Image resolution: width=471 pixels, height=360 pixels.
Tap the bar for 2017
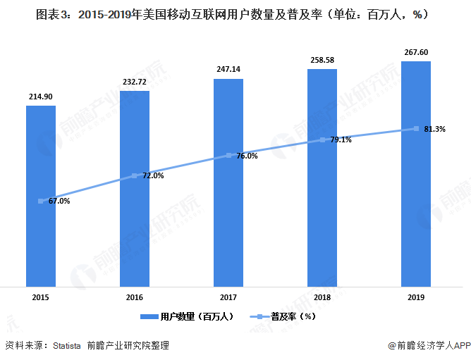228,182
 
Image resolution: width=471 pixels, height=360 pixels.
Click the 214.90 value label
41,96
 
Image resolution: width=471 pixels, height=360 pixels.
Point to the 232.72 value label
135,81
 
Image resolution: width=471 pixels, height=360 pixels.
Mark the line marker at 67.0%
41,201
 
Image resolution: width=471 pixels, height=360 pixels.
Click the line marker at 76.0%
228,156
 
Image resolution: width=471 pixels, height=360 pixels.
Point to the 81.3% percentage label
434,129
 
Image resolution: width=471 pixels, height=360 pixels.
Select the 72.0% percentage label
153,175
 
